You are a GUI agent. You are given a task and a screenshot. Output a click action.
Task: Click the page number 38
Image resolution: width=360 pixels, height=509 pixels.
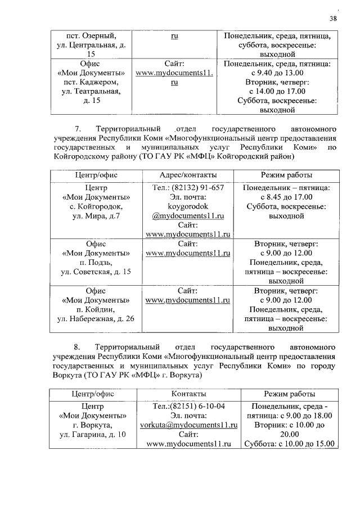click(333, 19)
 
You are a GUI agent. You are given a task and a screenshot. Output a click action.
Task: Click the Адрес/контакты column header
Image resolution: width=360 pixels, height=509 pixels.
click(188, 175)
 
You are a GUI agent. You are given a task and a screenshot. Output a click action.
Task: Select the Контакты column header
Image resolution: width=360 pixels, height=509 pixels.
click(188, 394)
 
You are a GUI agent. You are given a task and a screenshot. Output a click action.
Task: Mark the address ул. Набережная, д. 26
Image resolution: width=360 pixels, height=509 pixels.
click(96, 319)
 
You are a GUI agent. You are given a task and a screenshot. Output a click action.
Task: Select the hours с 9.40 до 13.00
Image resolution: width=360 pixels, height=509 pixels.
click(277, 73)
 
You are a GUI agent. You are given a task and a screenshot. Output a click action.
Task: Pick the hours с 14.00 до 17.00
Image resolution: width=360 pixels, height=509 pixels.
click(277, 92)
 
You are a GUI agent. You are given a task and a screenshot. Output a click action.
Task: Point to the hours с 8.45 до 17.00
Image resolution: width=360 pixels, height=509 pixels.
click(286, 197)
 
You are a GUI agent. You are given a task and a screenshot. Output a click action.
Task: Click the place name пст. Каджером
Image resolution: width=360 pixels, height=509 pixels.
click(96, 82)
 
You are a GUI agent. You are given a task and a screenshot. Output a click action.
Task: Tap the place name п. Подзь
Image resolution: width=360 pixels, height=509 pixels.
click(96, 263)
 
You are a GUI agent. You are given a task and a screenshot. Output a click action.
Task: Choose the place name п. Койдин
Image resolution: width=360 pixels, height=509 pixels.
click(96, 310)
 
